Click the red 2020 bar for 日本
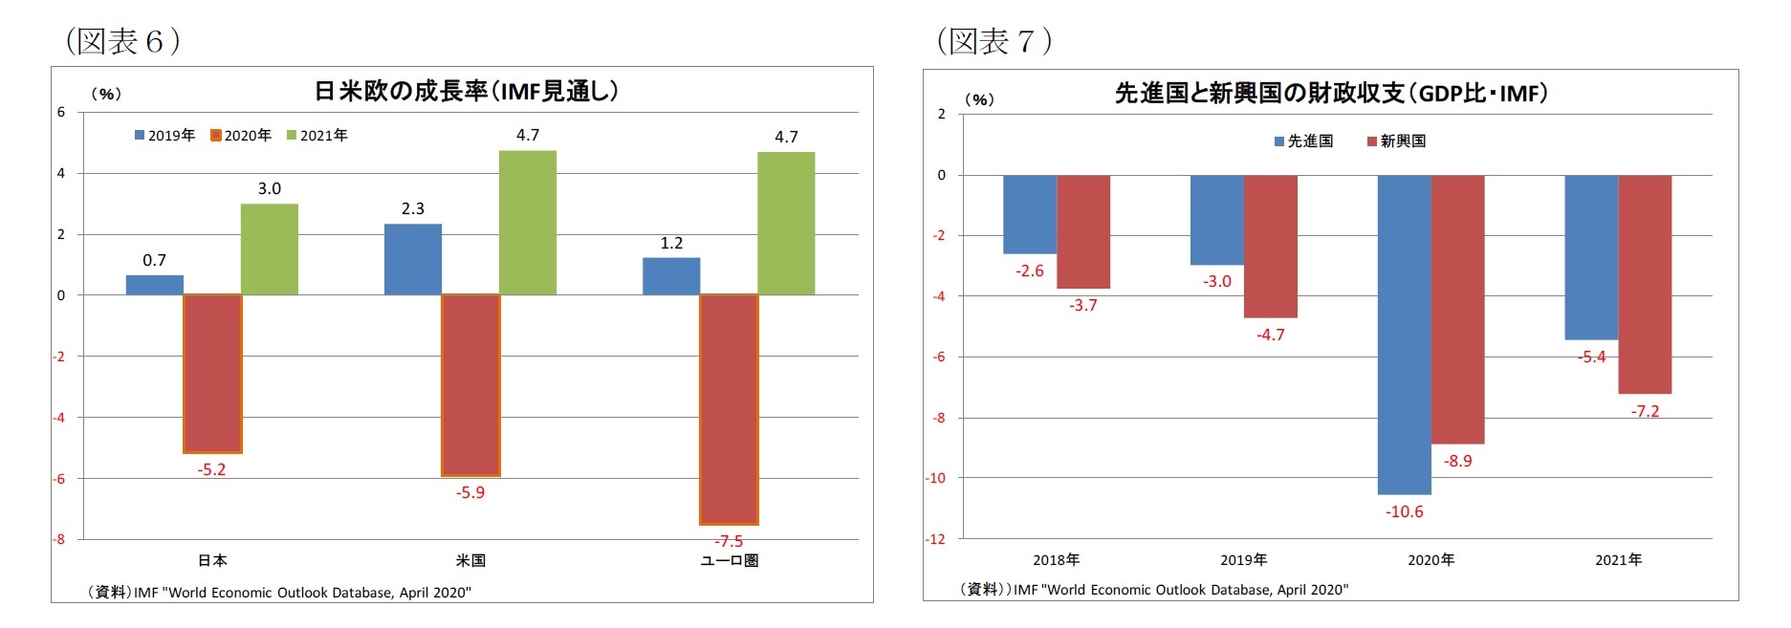point(212,373)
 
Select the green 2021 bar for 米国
point(528,223)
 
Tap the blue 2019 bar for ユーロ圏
point(671,276)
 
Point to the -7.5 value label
point(729,541)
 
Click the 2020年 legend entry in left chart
point(242,136)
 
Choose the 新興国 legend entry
point(1397,141)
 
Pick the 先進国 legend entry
point(1304,141)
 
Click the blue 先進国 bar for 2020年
point(1404,335)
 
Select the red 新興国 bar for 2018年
point(1083,231)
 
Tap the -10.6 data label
point(1404,512)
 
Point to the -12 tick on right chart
point(934,539)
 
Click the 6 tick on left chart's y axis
point(61,112)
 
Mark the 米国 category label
point(470,561)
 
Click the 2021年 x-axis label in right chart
point(1618,560)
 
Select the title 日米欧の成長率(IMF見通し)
point(467,92)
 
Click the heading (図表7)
point(994,41)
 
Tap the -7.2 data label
point(1645,412)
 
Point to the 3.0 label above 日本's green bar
point(270,189)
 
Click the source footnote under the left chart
point(279,593)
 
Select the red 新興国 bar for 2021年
point(1645,284)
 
